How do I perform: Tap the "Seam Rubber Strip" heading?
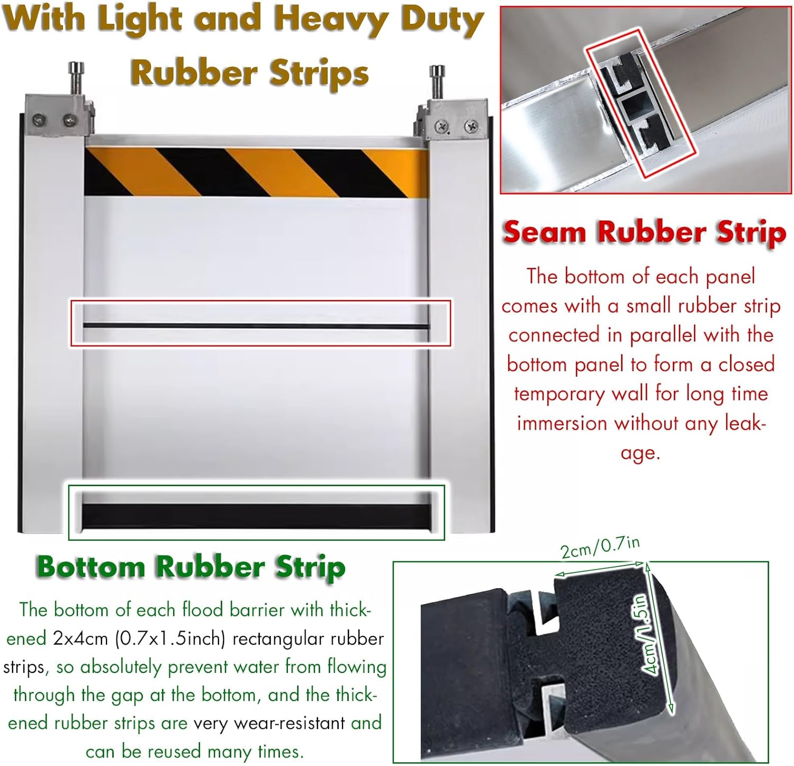pyautogui.click(x=644, y=232)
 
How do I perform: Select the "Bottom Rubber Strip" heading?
pyautogui.click(x=191, y=567)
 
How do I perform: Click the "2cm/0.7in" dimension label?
pyautogui.click(x=600, y=548)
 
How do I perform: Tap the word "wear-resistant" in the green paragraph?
pyautogui.click(x=269, y=723)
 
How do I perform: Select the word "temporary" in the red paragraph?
pyautogui.click(x=558, y=394)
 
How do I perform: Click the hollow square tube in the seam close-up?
pyautogui.click(x=634, y=108)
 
